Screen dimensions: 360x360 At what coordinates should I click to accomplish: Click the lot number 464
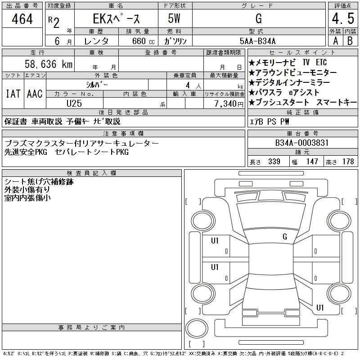click(x=22, y=19)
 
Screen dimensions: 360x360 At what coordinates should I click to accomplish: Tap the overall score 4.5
click(x=343, y=18)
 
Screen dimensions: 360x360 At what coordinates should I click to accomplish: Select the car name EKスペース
click(x=116, y=18)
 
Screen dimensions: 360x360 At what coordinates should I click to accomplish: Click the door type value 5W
click(x=174, y=18)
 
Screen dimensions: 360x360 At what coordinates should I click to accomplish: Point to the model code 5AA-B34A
click(x=257, y=41)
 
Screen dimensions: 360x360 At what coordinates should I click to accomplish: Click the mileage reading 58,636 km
click(x=49, y=64)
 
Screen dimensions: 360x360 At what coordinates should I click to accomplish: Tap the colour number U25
click(x=74, y=103)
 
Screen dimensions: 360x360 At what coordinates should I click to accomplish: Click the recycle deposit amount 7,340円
click(x=229, y=104)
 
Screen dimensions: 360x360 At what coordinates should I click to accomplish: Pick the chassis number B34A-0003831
click(x=302, y=143)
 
